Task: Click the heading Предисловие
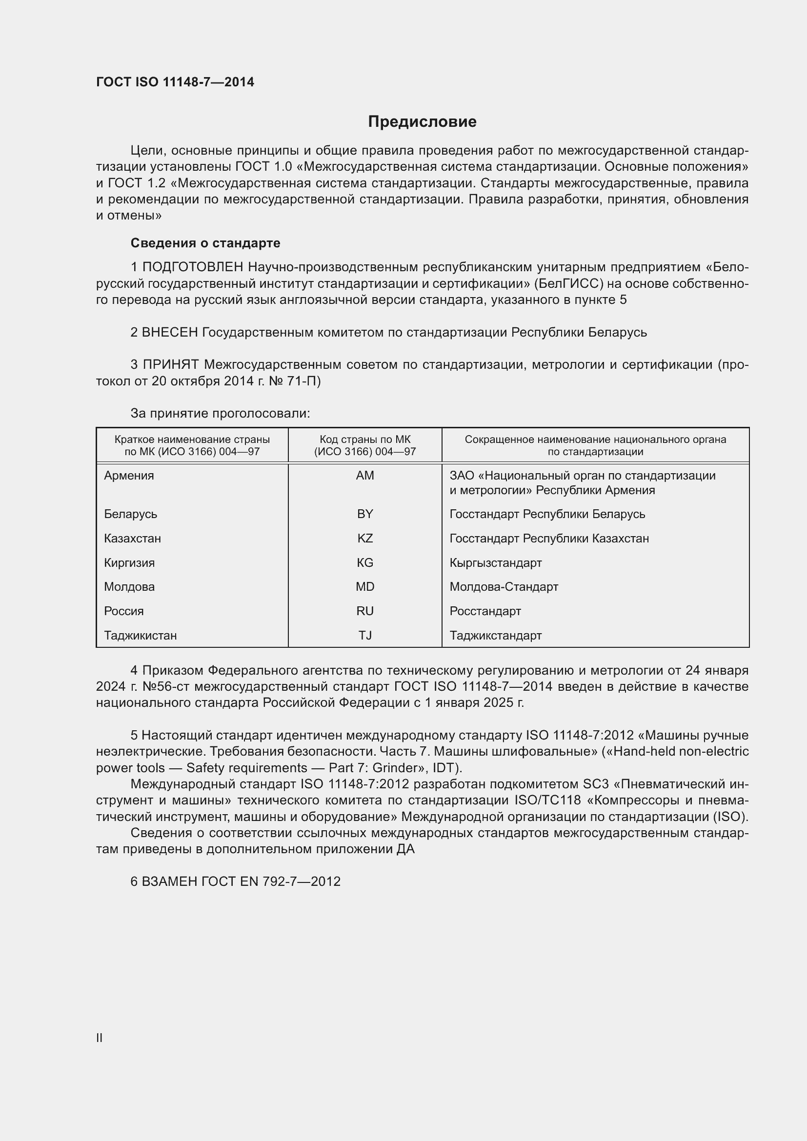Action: [422, 122]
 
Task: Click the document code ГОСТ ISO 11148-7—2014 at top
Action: [175, 82]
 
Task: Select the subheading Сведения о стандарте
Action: [205, 243]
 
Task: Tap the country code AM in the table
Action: [365, 476]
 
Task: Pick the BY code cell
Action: [365, 514]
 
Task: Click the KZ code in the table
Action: [365, 538]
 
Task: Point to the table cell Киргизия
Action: [129, 562]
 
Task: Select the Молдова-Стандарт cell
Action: [504, 587]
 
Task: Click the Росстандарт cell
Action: [485, 611]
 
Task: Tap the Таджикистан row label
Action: [140, 636]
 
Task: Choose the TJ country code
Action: [365, 636]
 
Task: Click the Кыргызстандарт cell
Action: [495, 562]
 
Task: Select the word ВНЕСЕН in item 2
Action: [170, 333]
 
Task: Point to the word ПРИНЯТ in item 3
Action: [171, 365]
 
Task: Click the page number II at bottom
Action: [100, 1038]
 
